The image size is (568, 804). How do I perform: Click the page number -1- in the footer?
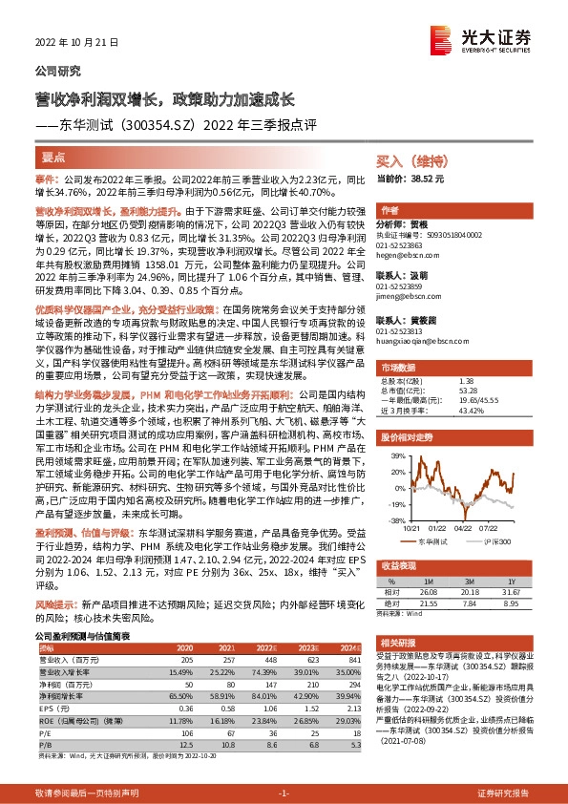point(283,793)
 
